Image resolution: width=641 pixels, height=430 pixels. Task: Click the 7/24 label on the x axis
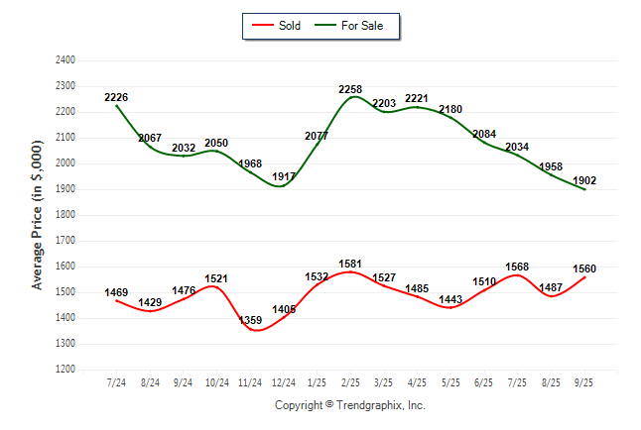tap(116, 382)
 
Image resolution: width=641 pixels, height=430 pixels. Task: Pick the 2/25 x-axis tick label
tap(350, 382)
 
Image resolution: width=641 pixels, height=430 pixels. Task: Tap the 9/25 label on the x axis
tap(584, 382)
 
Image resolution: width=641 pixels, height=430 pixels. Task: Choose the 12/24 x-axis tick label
tap(284, 382)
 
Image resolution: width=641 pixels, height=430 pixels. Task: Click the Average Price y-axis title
tap(39, 214)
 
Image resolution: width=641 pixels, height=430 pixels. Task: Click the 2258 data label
tap(350, 89)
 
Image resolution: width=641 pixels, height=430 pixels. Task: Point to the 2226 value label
tap(116, 97)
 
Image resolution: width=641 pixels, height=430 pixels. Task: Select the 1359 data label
tap(250, 320)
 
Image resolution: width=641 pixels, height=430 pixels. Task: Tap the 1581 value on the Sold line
tap(350, 264)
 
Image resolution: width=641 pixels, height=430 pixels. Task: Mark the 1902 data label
tap(584, 180)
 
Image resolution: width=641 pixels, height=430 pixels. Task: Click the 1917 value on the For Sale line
tap(284, 177)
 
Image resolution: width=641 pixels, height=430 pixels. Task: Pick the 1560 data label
tap(584, 269)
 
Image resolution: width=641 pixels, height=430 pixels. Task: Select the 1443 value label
tap(450, 299)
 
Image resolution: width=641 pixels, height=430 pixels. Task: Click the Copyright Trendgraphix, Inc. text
tap(349, 405)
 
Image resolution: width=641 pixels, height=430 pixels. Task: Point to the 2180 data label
tap(450, 109)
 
